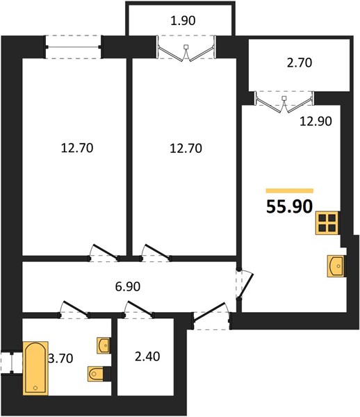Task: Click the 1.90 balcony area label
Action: [x=183, y=20]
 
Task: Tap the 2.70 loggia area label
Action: [x=300, y=63]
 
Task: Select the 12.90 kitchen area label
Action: [x=316, y=121]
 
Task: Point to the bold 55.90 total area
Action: [x=289, y=206]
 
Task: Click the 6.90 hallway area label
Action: [x=128, y=286]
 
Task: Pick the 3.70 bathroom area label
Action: [x=60, y=358]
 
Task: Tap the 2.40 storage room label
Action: [x=147, y=357]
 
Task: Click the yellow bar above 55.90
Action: [x=290, y=190]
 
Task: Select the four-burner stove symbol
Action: [x=327, y=223]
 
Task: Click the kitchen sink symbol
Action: [x=336, y=266]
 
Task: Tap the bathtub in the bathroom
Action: [x=35, y=368]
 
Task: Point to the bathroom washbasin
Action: [x=104, y=345]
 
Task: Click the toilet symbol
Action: [x=96, y=374]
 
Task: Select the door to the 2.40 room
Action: [x=138, y=310]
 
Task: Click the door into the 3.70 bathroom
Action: [x=74, y=310]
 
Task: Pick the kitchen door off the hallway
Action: [x=244, y=284]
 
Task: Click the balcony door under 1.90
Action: [x=186, y=49]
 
